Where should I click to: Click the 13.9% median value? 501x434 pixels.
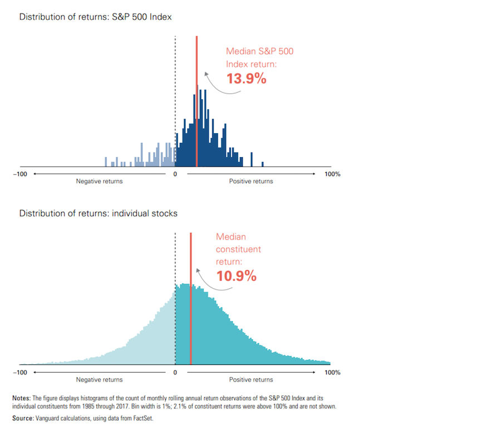point(246,79)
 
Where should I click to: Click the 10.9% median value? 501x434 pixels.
point(236,275)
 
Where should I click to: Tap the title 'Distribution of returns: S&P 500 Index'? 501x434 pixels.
point(96,17)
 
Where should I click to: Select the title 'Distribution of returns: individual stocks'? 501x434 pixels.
point(99,213)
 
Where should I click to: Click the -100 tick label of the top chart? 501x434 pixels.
point(20,174)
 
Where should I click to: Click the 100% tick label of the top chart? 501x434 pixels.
point(332,174)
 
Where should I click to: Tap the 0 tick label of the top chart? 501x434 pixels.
point(175,174)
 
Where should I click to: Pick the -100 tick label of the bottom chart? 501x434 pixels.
point(20,372)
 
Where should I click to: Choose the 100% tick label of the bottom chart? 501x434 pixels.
point(332,372)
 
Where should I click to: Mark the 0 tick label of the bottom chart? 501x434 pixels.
point(175,372)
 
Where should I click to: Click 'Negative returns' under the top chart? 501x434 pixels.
point(100,182)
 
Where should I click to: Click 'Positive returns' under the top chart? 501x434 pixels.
point(251,182)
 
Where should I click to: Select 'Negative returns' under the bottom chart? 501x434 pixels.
point(100,379)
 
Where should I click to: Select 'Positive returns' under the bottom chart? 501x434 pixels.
point(251,379)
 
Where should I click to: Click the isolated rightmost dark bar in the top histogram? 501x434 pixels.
point(262,164)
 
